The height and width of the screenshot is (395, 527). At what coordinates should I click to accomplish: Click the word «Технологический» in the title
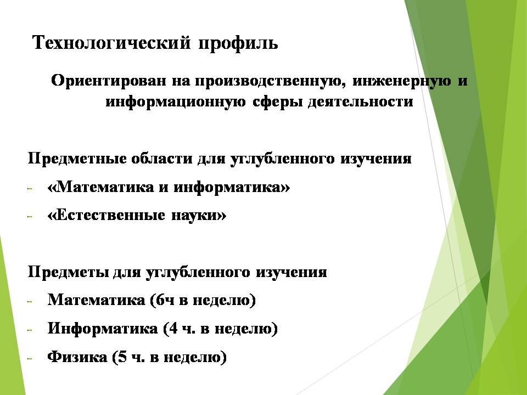pos(111,43)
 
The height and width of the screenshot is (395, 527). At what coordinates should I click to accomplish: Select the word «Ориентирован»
pos(109,81)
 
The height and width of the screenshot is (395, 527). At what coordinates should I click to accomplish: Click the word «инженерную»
pos(402,81)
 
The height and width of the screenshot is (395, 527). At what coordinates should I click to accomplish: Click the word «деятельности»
pos(360,101)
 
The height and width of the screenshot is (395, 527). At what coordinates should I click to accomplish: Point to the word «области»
pos(161,159)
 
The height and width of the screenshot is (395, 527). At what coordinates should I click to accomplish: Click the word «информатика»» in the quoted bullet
pos(232,187)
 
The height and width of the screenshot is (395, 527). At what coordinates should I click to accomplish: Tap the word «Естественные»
pos(106,215)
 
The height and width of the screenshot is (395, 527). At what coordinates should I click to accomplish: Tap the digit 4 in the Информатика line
pos(173,328)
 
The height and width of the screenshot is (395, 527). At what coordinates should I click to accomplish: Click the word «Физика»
pos(77,357)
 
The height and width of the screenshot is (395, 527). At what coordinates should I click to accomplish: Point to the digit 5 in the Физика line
pos(122,357)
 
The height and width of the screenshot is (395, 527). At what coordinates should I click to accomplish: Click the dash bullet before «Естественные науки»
pos(30,217)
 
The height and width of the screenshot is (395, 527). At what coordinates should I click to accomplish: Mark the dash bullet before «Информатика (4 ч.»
pos(30,330)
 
